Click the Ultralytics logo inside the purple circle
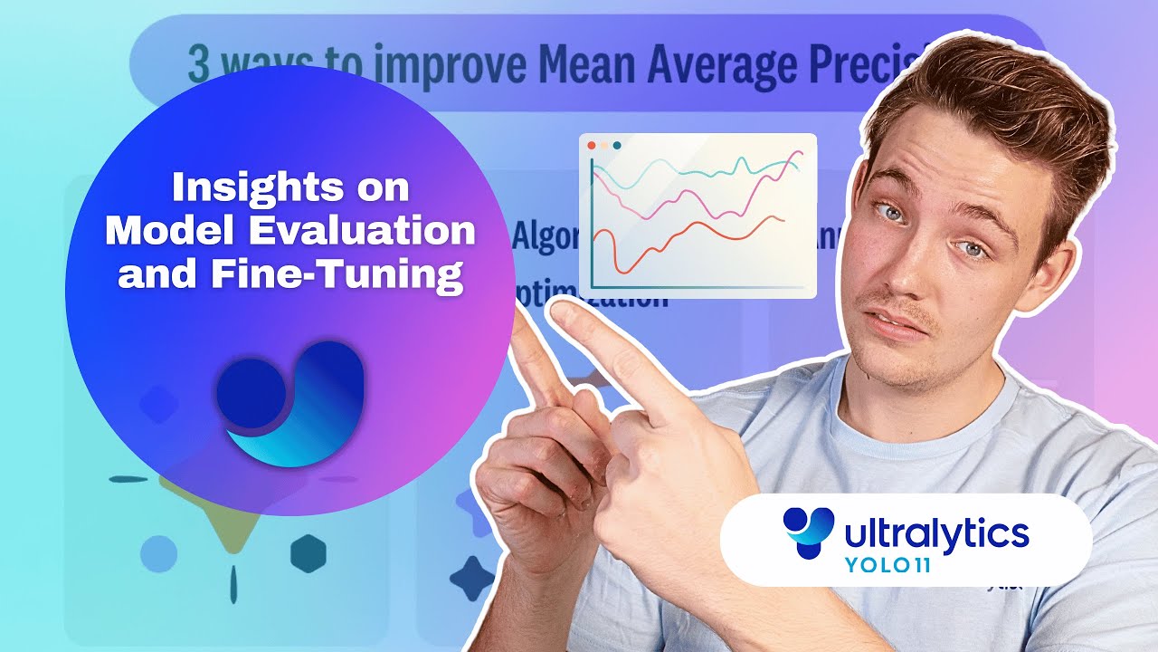[x=290, y=402]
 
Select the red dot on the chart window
[x=592, y=145]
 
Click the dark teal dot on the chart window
[x=617, y=145]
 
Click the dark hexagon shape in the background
[x=308, y=551]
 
